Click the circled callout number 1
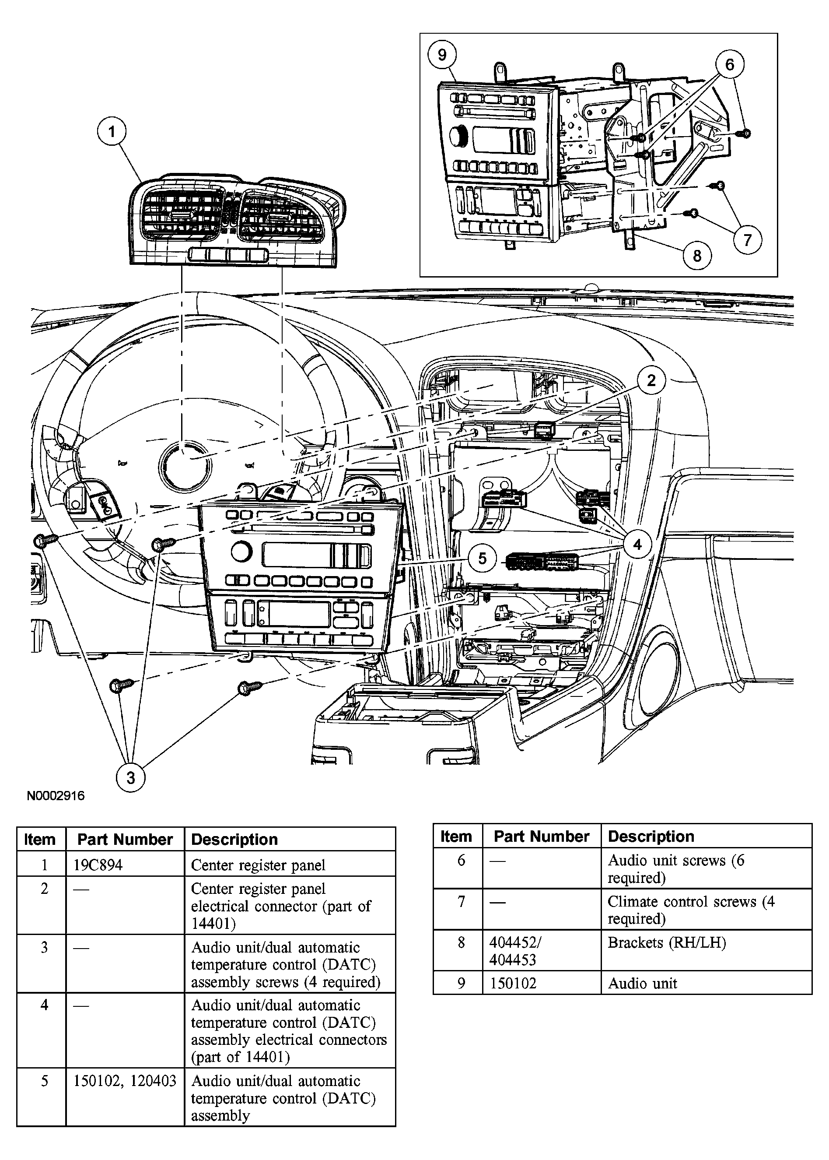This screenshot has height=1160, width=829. point(112,132)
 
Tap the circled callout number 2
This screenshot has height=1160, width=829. point(651,380)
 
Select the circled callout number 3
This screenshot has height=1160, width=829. point(131,777)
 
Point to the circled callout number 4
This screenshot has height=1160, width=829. point(637,545)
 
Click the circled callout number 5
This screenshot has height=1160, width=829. point(482,558)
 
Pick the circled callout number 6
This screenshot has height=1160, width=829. point(729,64)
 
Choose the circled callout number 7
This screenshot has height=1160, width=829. point(747,239)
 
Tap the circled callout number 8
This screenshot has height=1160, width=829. point(697,255)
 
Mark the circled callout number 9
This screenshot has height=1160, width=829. point(442,55)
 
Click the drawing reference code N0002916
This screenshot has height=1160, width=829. point(56,795)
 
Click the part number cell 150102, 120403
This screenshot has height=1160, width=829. point(125,1081)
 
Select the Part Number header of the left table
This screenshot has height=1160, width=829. point(125,839)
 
